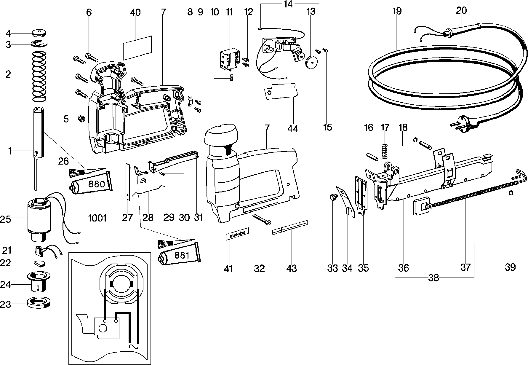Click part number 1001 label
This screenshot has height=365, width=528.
pyautogui.click(x=97, y=218)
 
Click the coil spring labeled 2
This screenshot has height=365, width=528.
pyautogui.click(x=39, y=75)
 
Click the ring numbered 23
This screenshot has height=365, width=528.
pyautogui.click(x=38, y=303)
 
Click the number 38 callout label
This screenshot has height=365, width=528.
pyautogui.click(x=433, y=278)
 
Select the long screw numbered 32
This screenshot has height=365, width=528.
pyautogui.click(x=261, y=219)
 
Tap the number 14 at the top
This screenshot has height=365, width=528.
pyautogui.click(x=287, y=4)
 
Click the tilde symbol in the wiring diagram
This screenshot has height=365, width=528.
pyautogui.click(x=134, y=346)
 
